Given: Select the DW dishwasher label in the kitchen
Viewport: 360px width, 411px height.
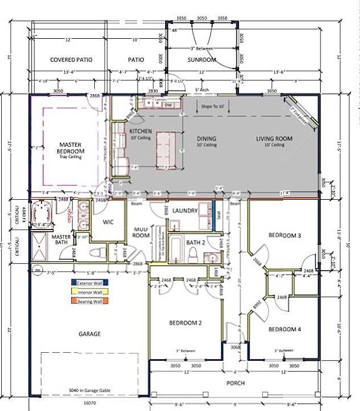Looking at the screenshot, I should tap(168, 106).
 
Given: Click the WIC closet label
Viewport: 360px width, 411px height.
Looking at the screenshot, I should tap(109, 222).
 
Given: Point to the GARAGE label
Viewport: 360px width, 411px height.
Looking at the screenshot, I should tap(90, 333).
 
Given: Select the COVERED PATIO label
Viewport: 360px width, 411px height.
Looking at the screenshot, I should tap(71, 59).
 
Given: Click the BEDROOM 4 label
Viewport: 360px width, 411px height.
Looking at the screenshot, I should tap(284, 329).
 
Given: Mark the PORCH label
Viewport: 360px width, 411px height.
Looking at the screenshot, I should tap(237, 383).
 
